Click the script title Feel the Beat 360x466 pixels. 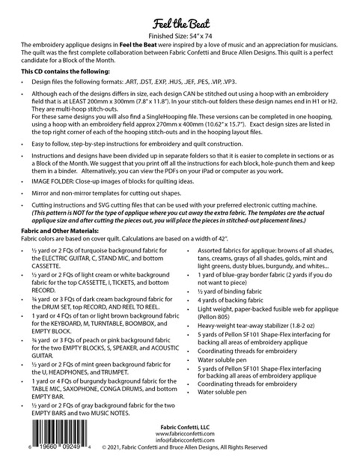click(182, 24)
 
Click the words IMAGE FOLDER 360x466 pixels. click(52, 181)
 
